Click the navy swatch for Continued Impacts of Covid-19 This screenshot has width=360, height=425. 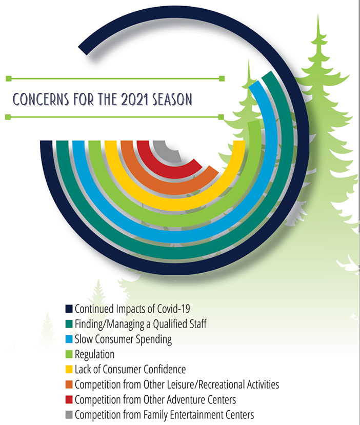69,309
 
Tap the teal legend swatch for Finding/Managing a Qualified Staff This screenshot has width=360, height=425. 69,324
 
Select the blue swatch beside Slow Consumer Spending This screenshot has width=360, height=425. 69,339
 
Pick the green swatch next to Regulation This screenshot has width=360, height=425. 69,354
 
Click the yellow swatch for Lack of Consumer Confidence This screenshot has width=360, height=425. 69,369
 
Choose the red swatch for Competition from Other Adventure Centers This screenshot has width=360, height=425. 69,399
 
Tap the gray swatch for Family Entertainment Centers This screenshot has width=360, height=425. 69,415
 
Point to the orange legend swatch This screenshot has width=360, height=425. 69,384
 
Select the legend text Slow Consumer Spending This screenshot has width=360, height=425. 124,339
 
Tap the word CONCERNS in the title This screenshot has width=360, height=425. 41,99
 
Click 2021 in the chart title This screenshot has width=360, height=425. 135,99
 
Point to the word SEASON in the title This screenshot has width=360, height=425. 172,99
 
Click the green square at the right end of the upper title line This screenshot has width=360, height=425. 222,78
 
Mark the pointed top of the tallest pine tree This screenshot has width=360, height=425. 318,15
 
